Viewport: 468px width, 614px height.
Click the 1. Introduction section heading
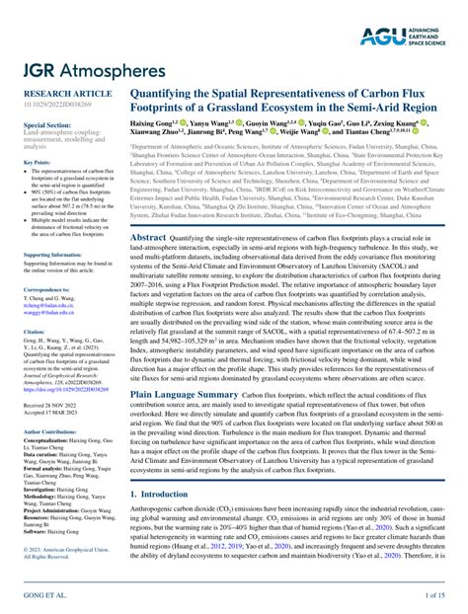170,494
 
